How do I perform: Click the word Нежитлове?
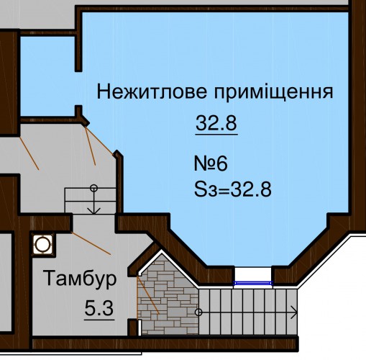152,91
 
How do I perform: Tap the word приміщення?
273,92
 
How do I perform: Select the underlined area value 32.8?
216,123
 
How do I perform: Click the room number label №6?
211,163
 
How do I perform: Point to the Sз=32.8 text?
233,189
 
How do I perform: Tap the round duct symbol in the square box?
43,245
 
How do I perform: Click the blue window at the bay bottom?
253,283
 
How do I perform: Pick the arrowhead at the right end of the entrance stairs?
295,312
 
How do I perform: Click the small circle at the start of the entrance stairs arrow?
198,312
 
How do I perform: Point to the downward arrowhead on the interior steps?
93,210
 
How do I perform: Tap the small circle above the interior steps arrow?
93,188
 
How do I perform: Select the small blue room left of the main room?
48,76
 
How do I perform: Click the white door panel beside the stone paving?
139,328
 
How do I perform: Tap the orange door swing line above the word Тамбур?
91,243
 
